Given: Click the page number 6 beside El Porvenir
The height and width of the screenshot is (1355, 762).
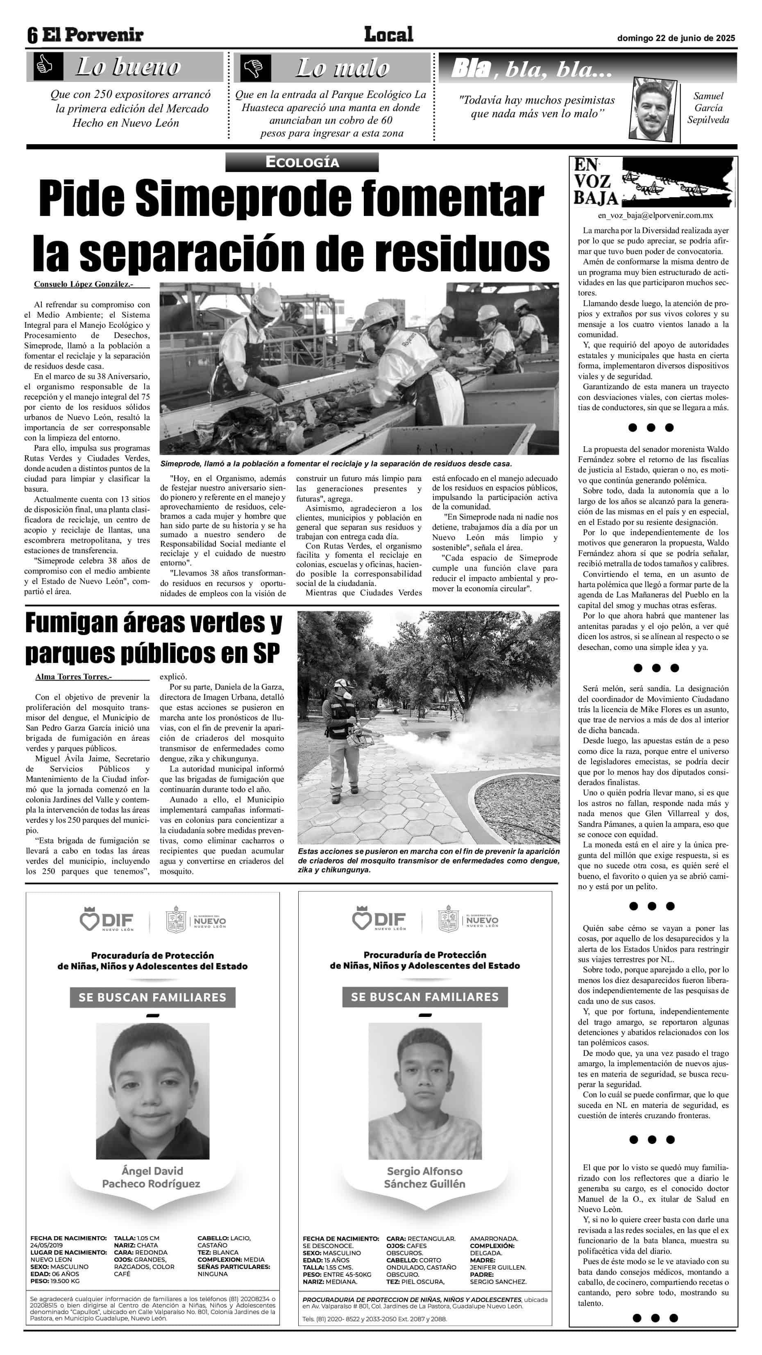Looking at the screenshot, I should [x=33, y=36].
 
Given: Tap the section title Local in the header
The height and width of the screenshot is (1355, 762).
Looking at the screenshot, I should [x=389, y=35].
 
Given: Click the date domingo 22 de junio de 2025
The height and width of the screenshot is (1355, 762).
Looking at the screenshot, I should [x=676, y=38].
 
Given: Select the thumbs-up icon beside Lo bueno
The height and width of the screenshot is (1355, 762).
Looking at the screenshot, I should [x=44, y=67].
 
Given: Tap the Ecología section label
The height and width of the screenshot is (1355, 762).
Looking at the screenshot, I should [x=302, y=162].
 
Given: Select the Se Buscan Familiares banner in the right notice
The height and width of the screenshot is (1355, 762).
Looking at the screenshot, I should [x=424, y=997].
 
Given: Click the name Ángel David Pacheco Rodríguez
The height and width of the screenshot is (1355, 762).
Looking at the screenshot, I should [x=152, y=1177].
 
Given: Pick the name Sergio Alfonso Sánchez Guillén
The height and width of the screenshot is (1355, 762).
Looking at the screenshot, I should [x=424, y=1177].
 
